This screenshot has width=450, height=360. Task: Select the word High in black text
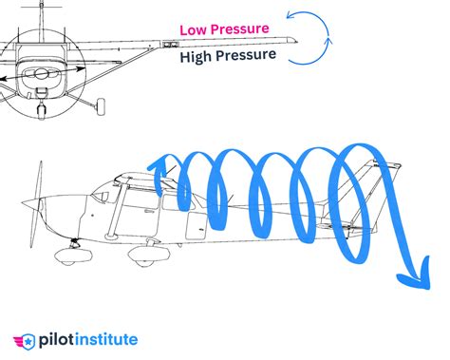pyautogui.click(x=199, y=57)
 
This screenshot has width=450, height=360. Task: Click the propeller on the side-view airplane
pyautogui.click(x=36, y=203)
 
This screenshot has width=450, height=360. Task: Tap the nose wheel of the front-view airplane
pyautogui.click(x=40, y=109)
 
